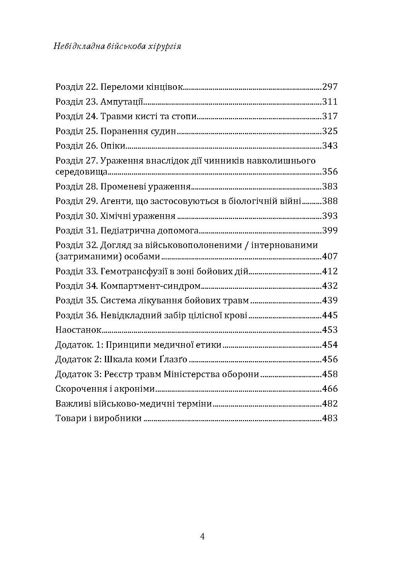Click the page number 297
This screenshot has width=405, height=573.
(x=330, y=87)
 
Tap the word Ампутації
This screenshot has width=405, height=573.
(x=122, y=102)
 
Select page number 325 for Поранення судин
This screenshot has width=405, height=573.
(x=330, y=131)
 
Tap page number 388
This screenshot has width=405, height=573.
(x=330, y=201)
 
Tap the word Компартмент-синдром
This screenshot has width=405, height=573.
(x=151, y=286)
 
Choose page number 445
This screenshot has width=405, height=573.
(x=330, y=315)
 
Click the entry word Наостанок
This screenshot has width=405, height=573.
(x=78, y=330)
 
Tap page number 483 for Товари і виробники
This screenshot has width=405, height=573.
(x=330, y=418)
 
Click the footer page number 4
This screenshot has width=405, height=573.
(x=202, y=536)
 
